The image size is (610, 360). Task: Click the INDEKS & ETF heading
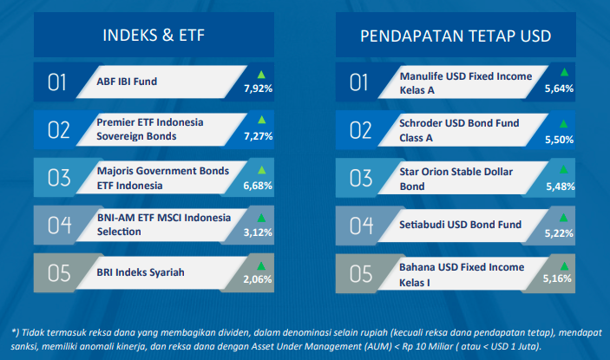click(154, 36)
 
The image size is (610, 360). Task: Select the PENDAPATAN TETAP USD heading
click(456, 36)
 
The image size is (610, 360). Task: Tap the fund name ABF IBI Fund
click(127, 82)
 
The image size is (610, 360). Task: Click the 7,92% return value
click(258, 88)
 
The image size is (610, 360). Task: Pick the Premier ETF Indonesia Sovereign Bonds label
click(150, 129)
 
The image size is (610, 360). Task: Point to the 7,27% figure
click(258, 136)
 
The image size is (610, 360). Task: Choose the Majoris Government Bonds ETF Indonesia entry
click(163, 178)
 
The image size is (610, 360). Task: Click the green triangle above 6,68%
click(262, 170)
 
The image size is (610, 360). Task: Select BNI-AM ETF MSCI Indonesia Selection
click(164, 225)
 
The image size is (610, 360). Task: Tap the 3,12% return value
click(258, 232)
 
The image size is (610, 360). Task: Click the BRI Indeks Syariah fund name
click(141, 272)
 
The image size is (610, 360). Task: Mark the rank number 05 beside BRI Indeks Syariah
click(59, 273)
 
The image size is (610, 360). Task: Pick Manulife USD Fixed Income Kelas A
click(466, 83)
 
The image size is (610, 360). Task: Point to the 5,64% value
click(559, 88)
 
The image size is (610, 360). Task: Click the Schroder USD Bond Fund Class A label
click(459, 130)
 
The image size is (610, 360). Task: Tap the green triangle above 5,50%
click(563, 124)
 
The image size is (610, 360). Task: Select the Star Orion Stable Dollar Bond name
click(456, 179)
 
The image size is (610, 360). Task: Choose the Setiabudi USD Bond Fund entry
click(460, 225)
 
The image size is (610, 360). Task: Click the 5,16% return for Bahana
click(557, 278)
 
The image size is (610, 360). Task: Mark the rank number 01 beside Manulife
click(358, 82)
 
